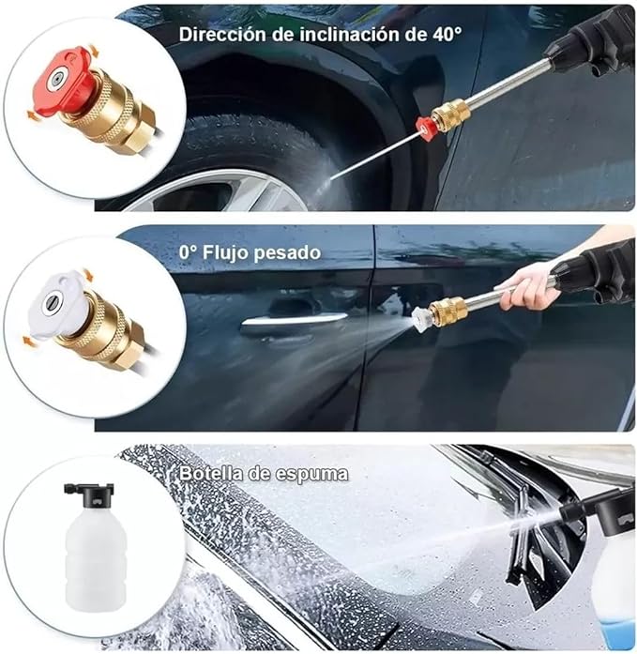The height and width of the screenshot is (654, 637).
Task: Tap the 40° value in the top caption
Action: [x=446, y=34]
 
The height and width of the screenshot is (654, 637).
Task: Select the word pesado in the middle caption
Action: [x=287, y=252]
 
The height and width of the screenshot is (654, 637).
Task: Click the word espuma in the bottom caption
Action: [x=311, y=474]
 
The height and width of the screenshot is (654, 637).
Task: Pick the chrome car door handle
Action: [x=294, y=320]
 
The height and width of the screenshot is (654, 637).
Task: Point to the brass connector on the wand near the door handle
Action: [x=448, y=310]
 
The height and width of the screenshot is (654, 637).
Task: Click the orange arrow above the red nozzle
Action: [x=95, y=53]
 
